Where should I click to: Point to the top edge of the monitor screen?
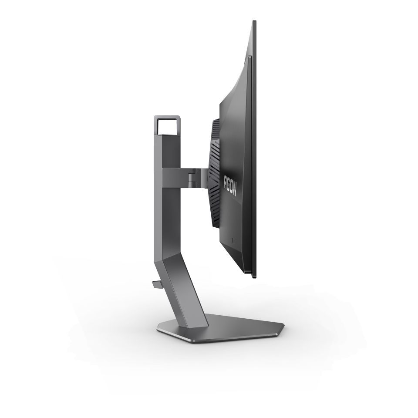pyautogui.click(x=254, y=22)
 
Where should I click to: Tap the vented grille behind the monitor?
pyautogui.click(x=215, y=174)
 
